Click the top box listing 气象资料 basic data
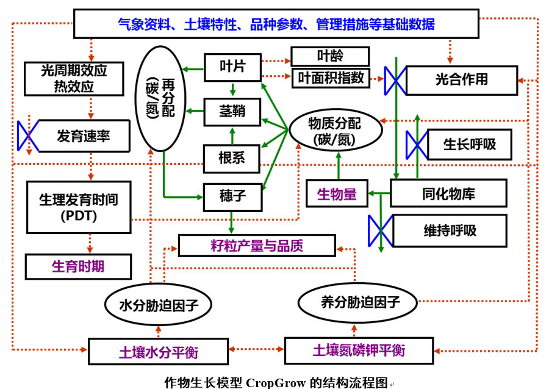coord(276,24)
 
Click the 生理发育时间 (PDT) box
coord(79,206)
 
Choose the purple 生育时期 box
coord(78,267)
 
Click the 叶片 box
coord(232,67)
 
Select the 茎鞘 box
coord(232,112)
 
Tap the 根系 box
coord(232,158)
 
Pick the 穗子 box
coord(232,196)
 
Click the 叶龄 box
coord(330,56)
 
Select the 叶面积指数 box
coord(331,78)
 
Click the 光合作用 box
coord(461,80)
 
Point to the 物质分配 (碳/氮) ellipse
coord(335,130)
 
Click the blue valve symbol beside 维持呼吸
coord(381,231)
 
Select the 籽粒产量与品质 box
coord(257,245)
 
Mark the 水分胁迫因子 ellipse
coord(158,304)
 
